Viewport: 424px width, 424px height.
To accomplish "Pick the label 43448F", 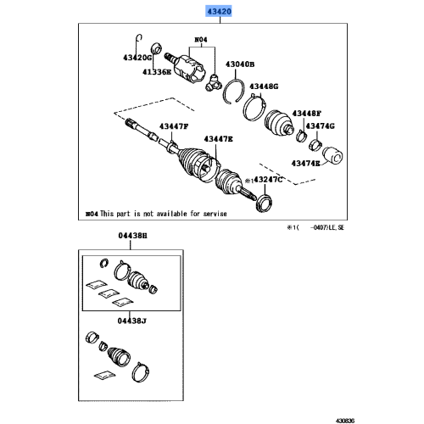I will (x=308, y=113).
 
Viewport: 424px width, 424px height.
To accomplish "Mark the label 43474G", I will (x=320, y=126).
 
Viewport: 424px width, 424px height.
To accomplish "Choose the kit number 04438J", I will (x=131, y=321).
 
